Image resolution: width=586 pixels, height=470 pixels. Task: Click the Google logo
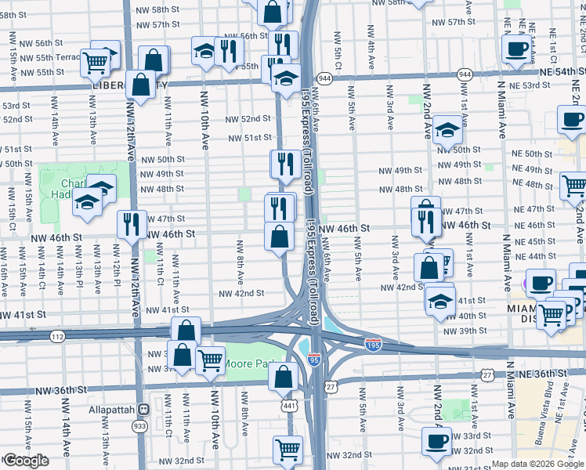(25, 461)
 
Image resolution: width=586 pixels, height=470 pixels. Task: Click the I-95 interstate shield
(314, 359)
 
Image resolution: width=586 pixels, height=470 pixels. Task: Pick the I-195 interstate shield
(374, 343)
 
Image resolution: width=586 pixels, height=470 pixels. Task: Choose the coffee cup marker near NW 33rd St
(436, 440)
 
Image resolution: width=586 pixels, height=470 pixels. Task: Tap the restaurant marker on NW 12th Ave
(132, 223)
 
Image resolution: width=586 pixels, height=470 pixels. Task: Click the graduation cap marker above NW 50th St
(447, 130)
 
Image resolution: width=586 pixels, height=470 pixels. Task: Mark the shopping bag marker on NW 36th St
(282, 377)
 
